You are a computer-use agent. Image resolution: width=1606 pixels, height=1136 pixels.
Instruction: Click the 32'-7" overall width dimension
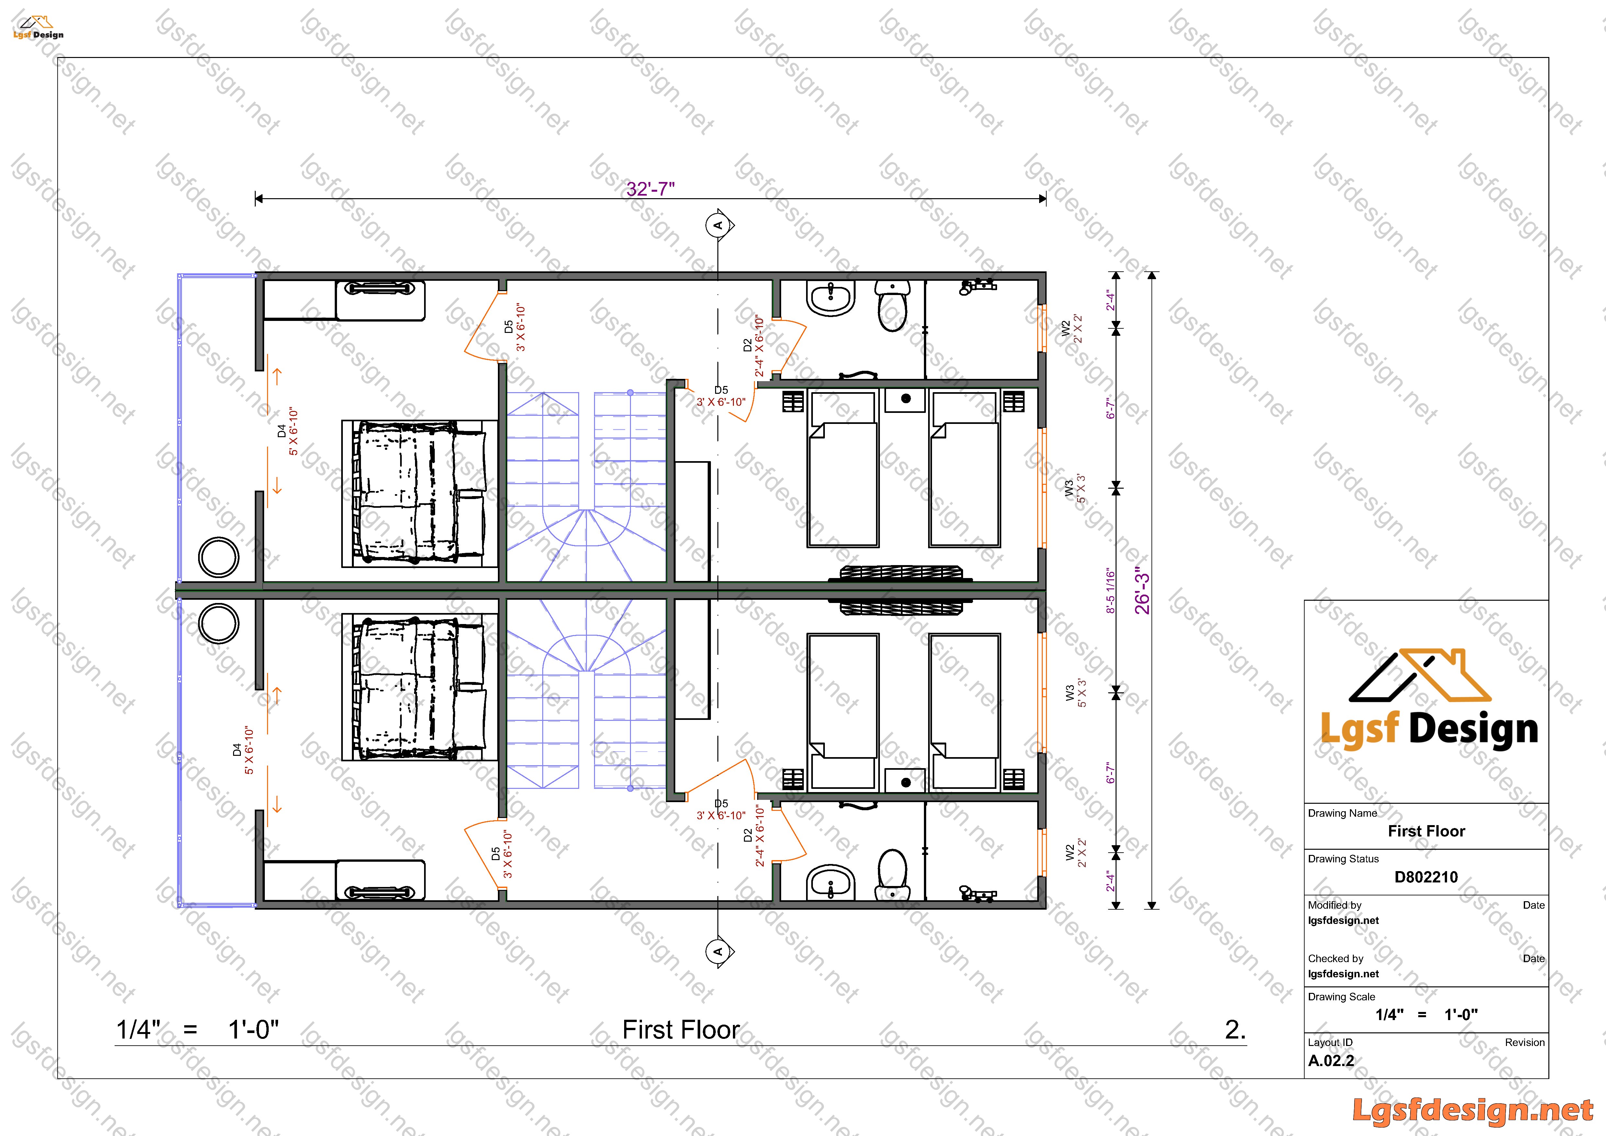click(x=650, y=189)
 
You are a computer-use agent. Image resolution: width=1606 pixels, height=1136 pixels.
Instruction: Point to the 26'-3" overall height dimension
click(x=1142, y=591)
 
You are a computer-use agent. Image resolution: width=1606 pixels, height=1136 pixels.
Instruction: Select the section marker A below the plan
click(x=718, y=951)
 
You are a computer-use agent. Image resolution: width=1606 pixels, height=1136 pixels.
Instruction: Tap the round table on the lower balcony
click(x=219, y=623)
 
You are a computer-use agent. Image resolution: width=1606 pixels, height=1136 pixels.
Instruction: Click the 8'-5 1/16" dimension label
click(x=1111, y=591)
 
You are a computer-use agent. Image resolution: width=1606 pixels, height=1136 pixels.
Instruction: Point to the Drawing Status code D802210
click(x=1426, y=877)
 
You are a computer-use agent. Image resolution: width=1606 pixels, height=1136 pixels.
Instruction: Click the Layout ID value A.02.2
click(x=1331, y=1061)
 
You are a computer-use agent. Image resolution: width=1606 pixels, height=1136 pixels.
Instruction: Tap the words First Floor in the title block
click(x=1426, y=831)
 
